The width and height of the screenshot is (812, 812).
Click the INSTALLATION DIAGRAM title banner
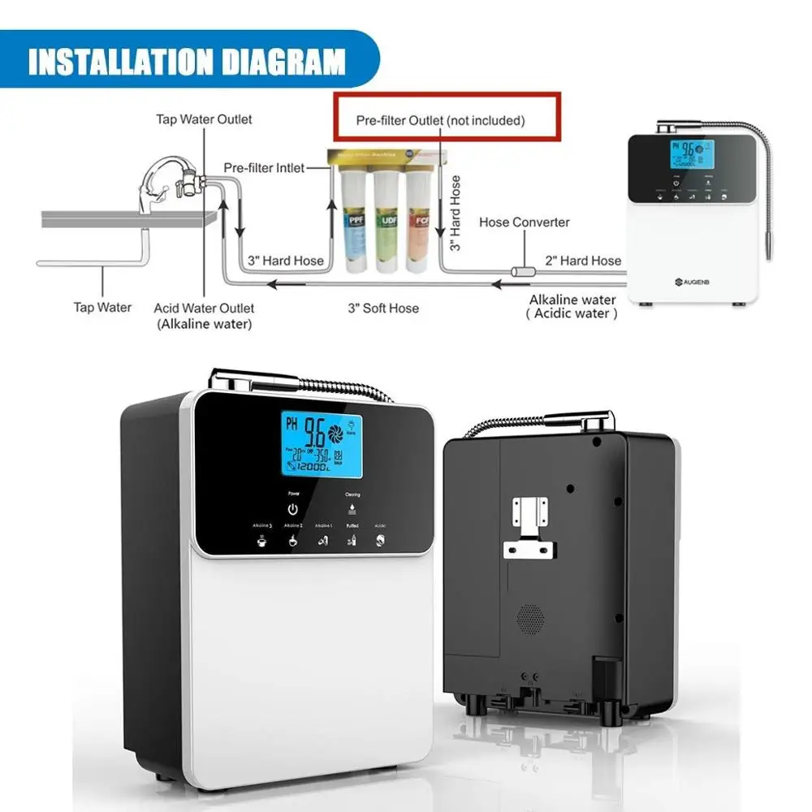tap(187, 62)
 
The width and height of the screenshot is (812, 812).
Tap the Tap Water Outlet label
tap(204, 119)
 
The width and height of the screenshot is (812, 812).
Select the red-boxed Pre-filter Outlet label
tap(441, 120)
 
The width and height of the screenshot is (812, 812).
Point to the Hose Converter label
tap(524, 222)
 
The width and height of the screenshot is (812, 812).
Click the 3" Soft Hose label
tap(383, 308)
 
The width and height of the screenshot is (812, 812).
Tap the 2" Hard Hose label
tap(582, 261)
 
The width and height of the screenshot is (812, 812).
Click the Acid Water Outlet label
tap(204, 309)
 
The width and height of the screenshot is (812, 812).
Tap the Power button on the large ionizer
tap(292, 509)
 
